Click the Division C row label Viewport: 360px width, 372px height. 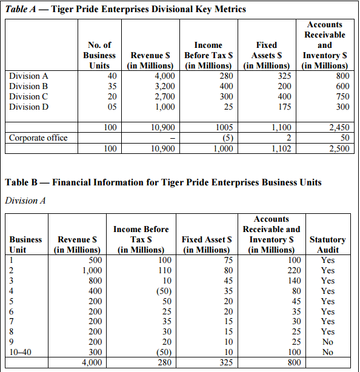[28, 96]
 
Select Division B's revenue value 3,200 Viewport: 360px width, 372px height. [165, 86]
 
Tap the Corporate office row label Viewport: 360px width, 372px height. [38, 138]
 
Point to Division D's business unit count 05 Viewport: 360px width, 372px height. [112, 107]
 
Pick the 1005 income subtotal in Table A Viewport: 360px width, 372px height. [224, 128]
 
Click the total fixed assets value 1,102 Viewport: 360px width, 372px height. [281, 148]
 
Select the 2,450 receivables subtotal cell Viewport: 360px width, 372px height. [339, 128]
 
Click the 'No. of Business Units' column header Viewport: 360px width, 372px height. [99, 55]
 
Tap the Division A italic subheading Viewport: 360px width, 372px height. [25, 201]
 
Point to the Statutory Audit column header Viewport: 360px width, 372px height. [328, 245]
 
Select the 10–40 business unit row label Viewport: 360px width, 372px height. [20, 352]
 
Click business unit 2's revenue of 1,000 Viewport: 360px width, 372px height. [92, 270]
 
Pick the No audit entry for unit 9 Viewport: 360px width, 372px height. [328, 342]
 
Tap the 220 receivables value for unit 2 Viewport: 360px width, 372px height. [295, 270]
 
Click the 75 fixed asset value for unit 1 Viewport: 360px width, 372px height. [228, 261]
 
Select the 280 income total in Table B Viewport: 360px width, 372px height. [165, 362]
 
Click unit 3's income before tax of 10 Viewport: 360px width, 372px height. [167, 281]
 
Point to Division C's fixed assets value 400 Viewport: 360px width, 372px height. [284, 96]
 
